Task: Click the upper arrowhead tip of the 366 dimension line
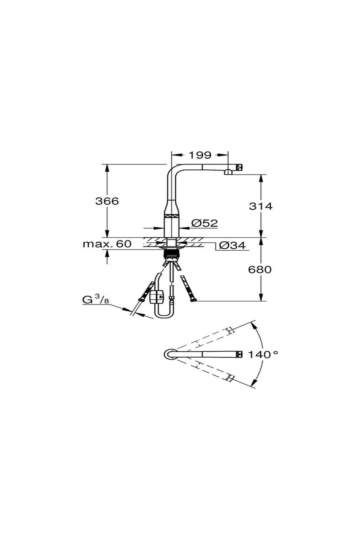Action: [x=107, y=164]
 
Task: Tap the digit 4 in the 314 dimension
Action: [x=268, y=206]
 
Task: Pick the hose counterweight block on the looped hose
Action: [x=157, y=297]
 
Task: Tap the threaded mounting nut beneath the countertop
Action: [x=171, y=254]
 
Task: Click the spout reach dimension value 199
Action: [x=200, y=155]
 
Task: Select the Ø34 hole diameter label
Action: [x=232, y=245]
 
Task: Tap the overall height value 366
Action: [x=107, y=201]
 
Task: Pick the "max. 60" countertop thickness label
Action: [x=107, y=244]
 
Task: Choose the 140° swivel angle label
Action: [x=263, y=355]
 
